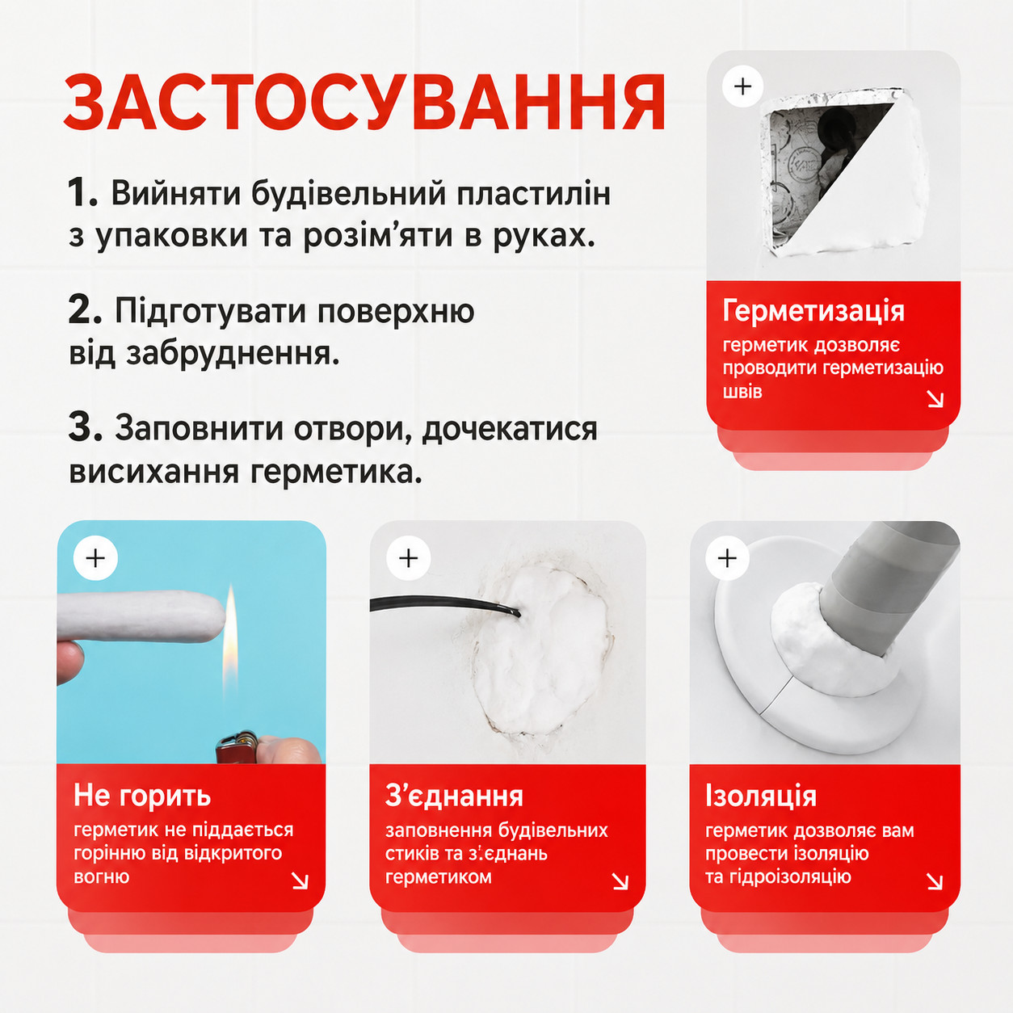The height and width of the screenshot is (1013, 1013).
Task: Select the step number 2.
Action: coord(85,310)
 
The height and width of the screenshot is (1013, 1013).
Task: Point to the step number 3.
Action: coord(85,427)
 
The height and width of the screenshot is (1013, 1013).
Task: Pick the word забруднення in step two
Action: coord(232,354)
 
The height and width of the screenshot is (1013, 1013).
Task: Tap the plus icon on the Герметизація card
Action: coord(742,86)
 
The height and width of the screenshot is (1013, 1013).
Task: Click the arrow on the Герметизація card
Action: coord(935,399)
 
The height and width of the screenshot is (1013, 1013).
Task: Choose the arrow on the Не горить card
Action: coord(301,881)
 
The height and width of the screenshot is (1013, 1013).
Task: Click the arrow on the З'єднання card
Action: coord(620,881)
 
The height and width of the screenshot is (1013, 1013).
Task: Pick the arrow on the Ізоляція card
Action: coord(934,881)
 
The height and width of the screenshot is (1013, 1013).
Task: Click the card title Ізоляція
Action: coord(761,796)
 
